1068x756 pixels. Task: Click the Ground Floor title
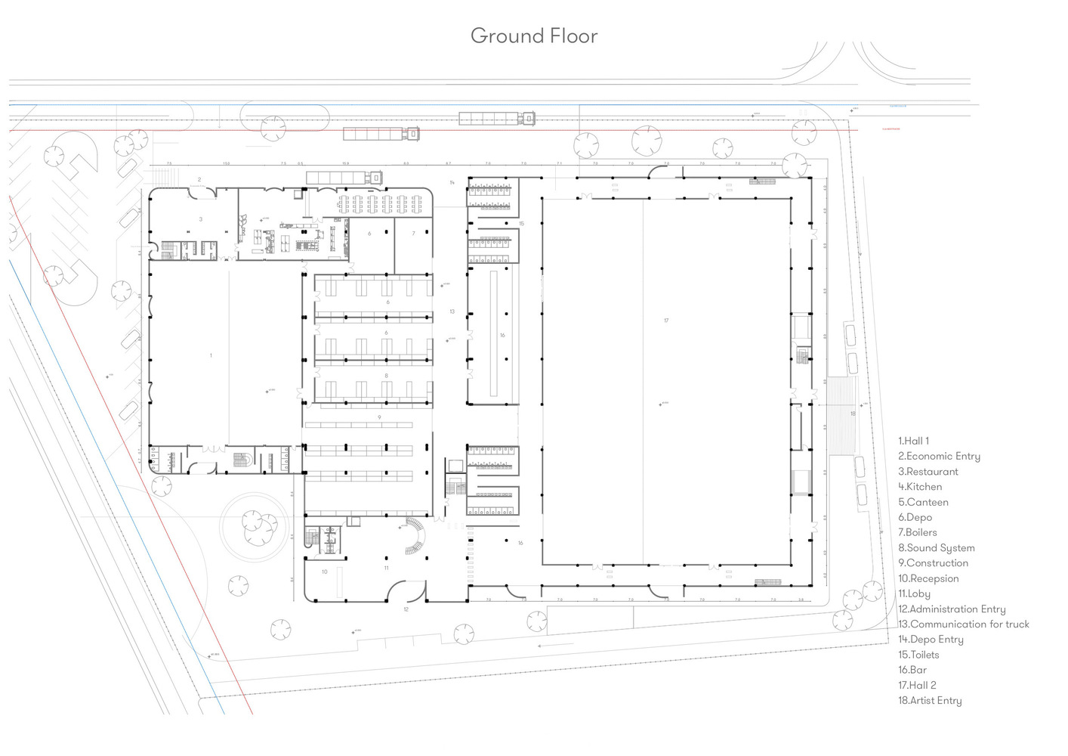click(533, 36)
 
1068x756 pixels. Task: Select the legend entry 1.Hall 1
click(913, 441)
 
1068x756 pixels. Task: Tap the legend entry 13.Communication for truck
click(963, 624)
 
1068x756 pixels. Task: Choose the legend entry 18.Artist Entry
click(929, 701)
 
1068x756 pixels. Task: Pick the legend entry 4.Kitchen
click(919, 487)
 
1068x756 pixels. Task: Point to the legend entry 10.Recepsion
click(928, 578)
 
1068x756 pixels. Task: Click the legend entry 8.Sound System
click(936, 548)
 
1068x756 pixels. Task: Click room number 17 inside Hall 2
click(666, 321)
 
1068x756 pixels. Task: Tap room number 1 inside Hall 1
click(211, 355)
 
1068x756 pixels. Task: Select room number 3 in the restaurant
click(201, 219)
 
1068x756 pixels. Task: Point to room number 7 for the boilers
click(413, 234)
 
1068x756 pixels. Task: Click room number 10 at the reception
click(325, 572)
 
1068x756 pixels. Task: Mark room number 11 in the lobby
click(386, 568)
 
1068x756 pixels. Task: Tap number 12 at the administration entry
click(406, 609)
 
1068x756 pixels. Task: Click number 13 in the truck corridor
click(452, 311)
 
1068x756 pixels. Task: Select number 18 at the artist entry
click(853, 414)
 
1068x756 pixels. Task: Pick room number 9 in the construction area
click(379, 417)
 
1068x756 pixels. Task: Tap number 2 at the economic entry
click(199, 180)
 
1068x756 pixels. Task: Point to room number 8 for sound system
click(386, 376)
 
